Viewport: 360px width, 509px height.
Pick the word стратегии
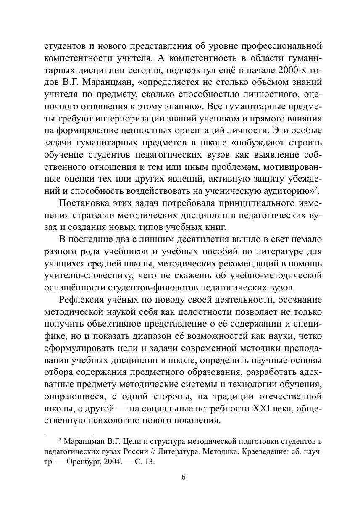click(89, 216)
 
